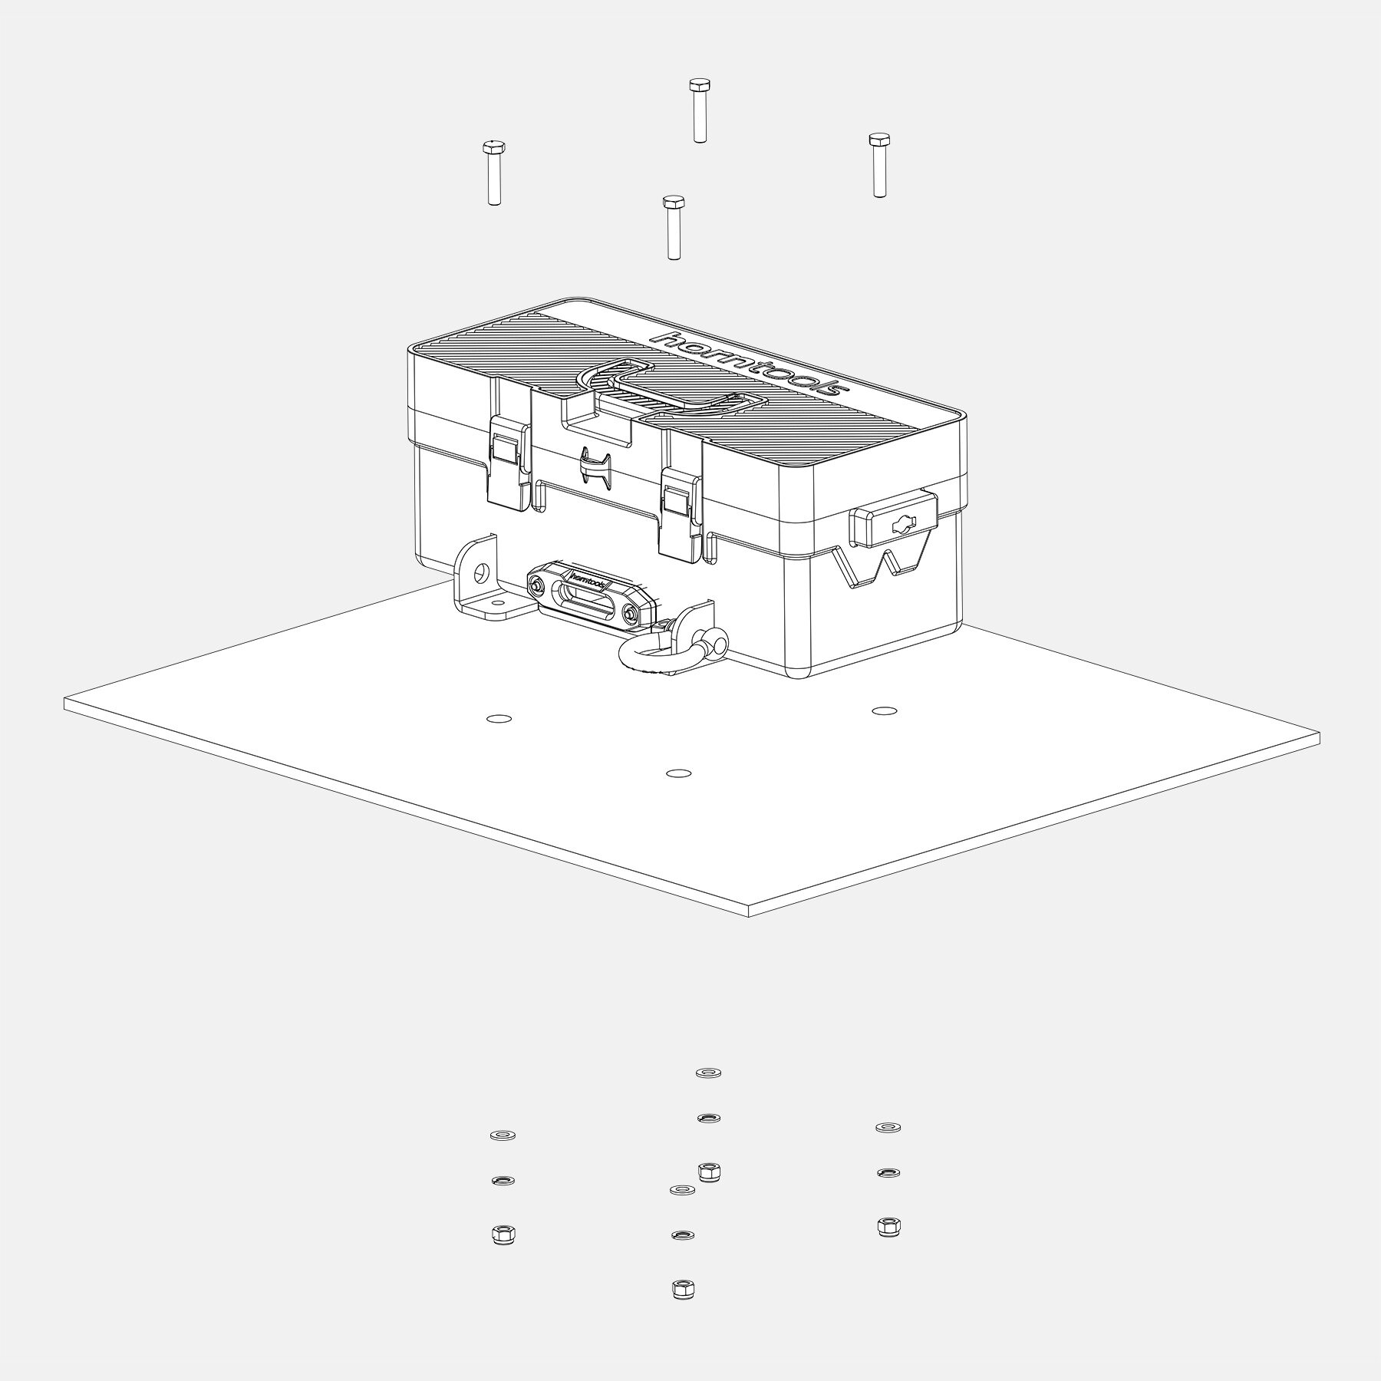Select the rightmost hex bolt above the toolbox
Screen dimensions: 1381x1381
[x=879, y=165]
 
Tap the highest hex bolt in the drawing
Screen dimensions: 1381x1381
[x=698, y=110]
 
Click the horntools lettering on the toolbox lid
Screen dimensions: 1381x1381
[x=749, y=364]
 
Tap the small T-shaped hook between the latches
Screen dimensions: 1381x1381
[x=595, y=466]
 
